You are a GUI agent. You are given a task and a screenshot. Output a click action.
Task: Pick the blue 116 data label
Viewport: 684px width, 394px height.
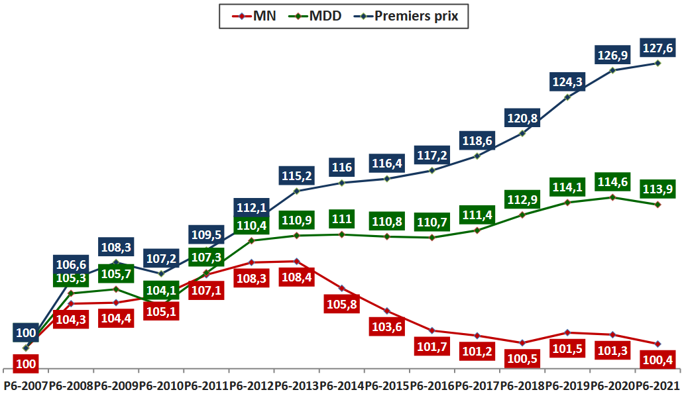342,167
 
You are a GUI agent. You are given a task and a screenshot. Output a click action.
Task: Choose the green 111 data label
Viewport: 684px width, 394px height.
342,219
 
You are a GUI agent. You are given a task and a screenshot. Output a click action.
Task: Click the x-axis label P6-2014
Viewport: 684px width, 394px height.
341,385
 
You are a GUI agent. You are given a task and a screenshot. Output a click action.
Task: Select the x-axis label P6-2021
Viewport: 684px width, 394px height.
657,385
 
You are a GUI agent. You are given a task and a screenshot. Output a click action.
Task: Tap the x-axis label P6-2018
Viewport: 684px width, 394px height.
522,385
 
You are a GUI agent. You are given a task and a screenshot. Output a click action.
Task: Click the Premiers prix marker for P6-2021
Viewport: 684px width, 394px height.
657,63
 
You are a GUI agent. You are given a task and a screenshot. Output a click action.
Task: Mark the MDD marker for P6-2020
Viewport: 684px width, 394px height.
612,197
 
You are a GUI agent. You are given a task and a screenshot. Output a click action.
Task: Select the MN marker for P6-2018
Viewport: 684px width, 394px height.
522,343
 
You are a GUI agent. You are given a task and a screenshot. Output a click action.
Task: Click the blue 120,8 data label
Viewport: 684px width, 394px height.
522,120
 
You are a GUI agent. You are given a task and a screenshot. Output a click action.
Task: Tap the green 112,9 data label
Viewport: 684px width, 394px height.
522,199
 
